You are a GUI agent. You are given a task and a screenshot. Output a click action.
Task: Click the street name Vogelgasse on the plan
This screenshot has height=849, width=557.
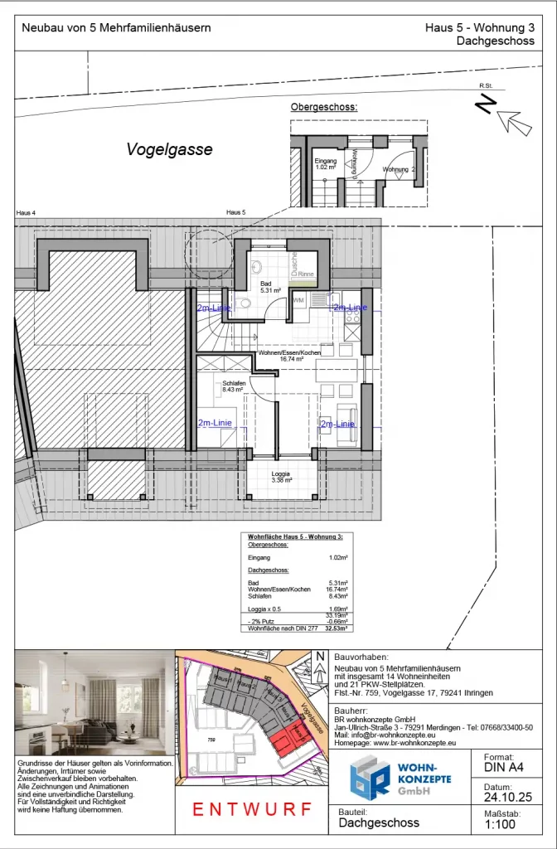pyautogui.click(x=169, y=150)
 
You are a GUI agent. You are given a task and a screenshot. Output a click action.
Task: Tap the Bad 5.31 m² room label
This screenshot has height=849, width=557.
pyautogui.click(x=270, y=288)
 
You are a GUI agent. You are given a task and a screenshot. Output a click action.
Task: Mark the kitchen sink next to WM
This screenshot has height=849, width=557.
pyautogui.click(x=317, y=299)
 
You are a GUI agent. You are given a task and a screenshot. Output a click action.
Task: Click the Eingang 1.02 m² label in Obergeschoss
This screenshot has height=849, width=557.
pyautogui.click(x=326, y=164)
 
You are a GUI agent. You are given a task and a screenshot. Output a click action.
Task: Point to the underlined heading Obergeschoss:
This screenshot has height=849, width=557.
pyautogui.click(x=324, y=108)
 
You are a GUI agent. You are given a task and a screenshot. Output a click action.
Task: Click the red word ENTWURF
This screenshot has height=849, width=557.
pyautogui.click(x=252, y=809)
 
